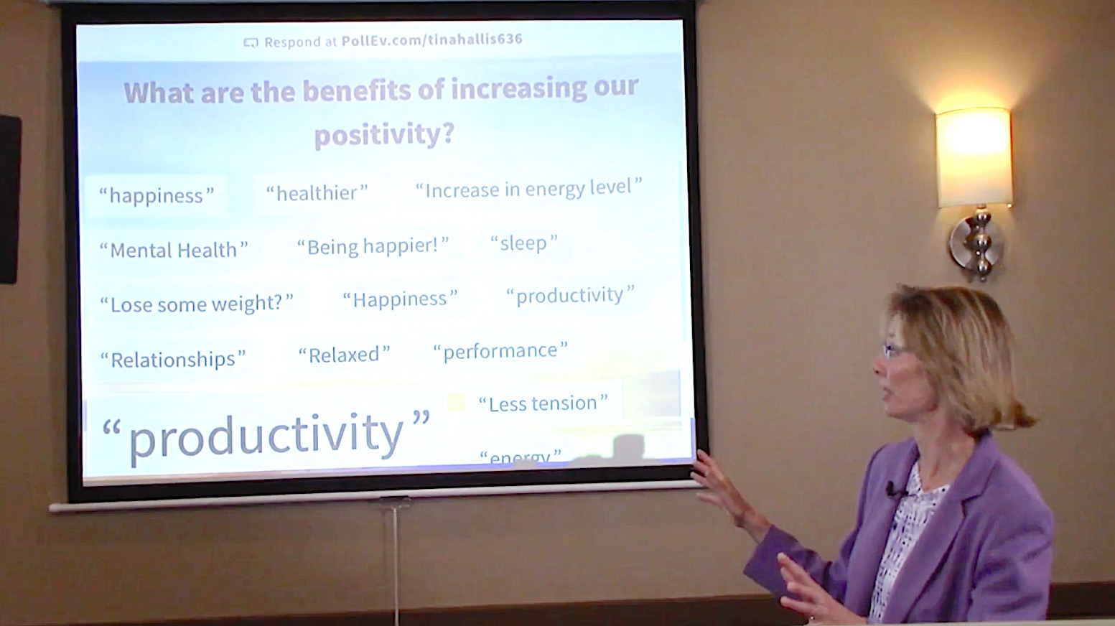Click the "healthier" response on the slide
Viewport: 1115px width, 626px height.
317,193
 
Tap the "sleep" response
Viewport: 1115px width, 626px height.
523,243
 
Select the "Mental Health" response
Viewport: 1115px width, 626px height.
173,250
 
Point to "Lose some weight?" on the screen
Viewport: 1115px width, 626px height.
197,304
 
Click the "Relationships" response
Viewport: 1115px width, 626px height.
172,359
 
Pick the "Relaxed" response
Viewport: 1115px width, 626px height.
344,355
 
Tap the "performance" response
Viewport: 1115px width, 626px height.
500,351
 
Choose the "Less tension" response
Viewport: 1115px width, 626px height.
543,403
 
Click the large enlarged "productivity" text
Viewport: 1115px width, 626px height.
266,435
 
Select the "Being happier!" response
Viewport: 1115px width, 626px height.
373,246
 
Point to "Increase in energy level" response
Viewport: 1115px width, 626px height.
528,189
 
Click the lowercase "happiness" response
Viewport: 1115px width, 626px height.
156,196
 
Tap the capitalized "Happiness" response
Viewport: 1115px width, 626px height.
399,299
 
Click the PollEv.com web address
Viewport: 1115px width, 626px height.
431,40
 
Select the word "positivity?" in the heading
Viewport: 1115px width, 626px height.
384,134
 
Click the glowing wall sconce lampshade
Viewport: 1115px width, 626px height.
973,156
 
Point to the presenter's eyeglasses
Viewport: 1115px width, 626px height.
894,350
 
